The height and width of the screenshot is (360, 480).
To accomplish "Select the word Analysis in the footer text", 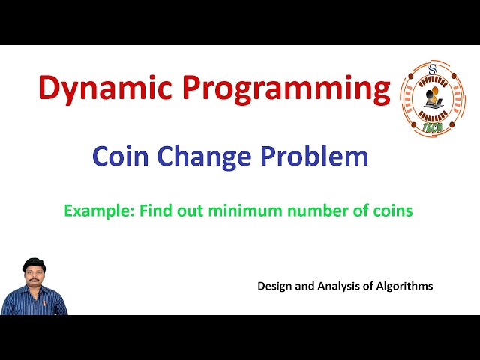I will click(343, 286).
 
